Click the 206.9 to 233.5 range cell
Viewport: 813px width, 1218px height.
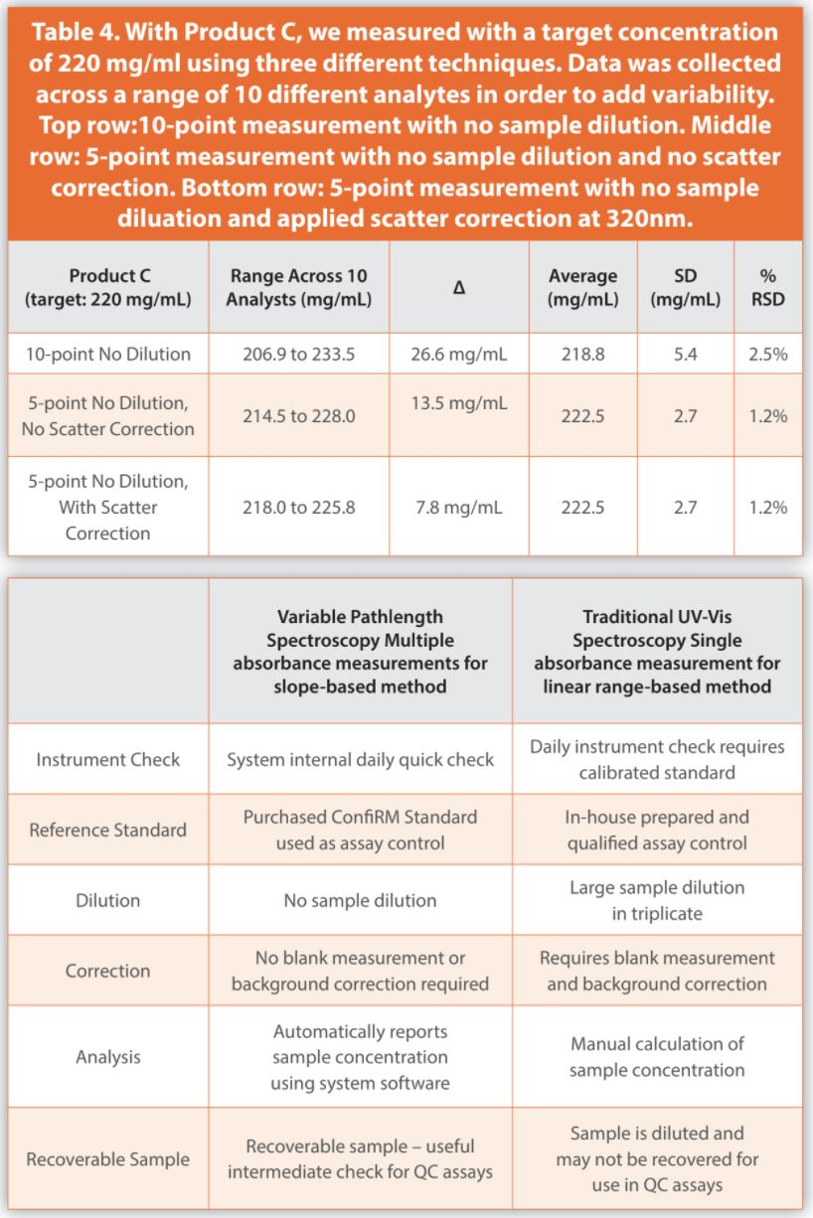click(299, 354)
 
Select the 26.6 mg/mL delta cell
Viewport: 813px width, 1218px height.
click(459, 354)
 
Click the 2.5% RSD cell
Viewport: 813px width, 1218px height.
click(767, 354)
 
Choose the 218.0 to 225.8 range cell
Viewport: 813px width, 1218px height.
click(299, 508)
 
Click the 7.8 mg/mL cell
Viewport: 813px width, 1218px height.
click(459, 508)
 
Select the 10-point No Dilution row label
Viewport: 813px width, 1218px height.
click(109, 354)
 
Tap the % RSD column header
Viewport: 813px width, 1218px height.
click(767, 287)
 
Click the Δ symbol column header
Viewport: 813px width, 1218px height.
click(459, 287)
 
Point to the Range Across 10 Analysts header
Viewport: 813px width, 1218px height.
click(299, 287)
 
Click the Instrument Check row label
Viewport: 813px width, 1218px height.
click(108, 759)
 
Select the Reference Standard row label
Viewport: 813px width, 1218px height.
click(108, 830)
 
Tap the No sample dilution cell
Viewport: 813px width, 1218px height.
click(360, 900)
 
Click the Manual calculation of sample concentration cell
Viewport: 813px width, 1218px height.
click(657, 1057)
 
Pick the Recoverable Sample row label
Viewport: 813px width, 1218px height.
click(108, 1158)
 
